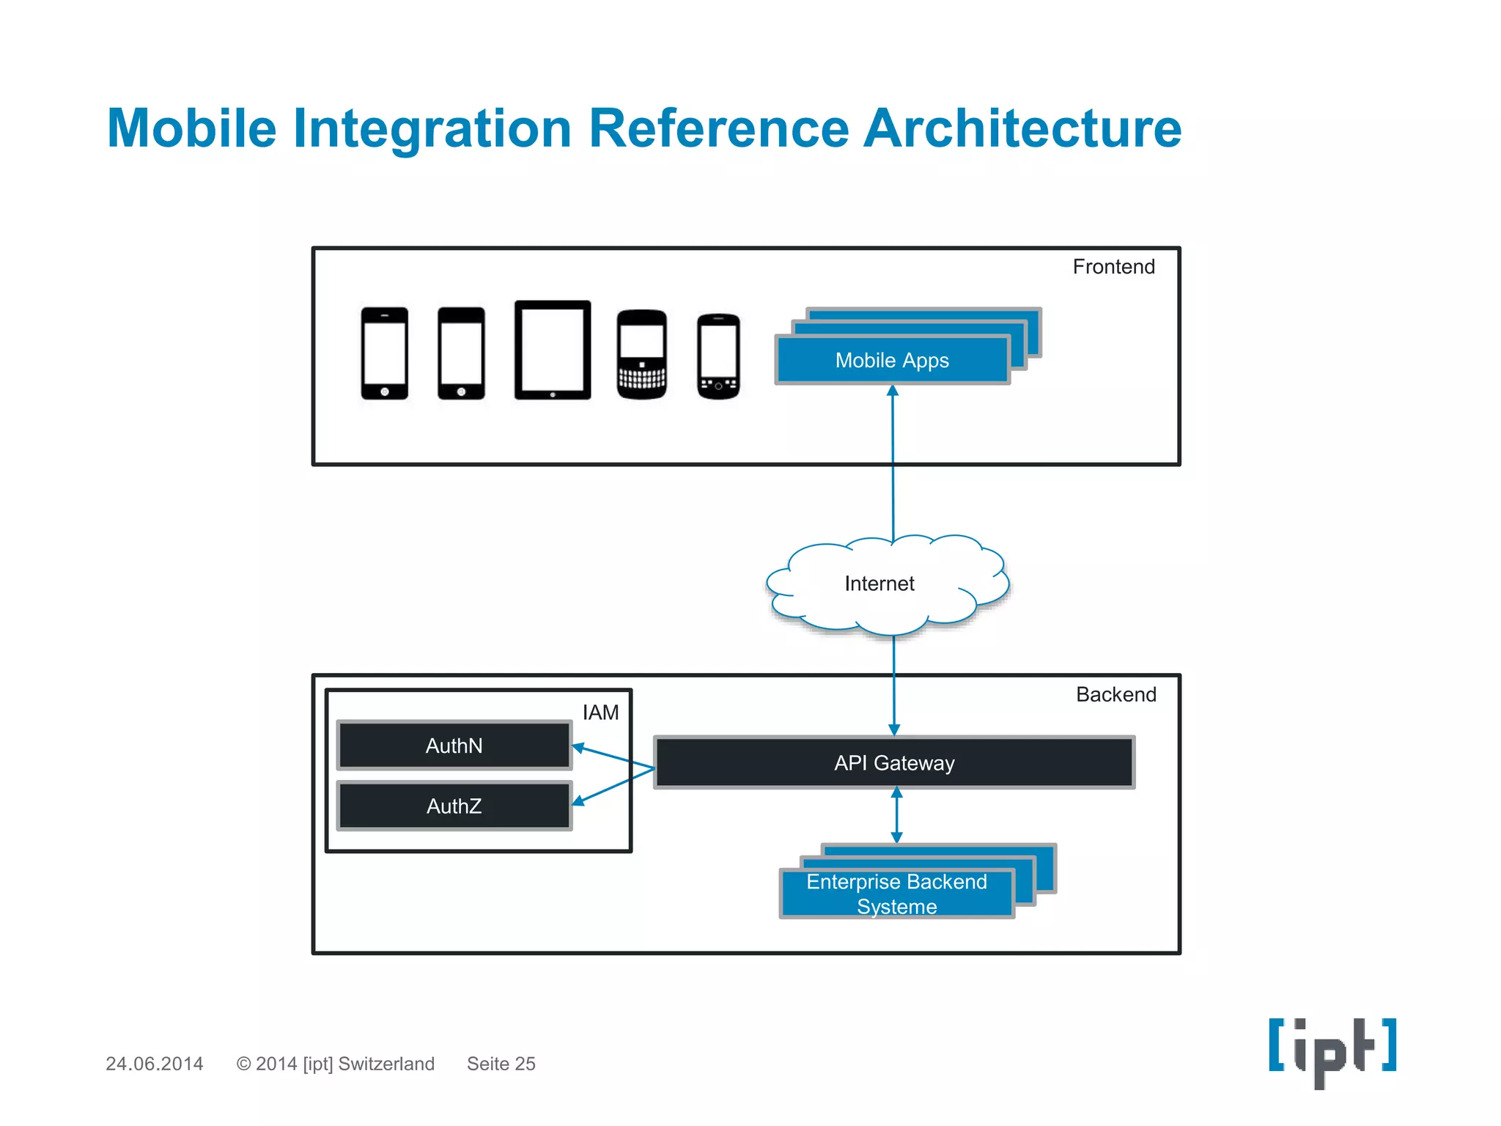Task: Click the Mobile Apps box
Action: [x=892, y=360]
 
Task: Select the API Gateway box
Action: [x=894, y=762]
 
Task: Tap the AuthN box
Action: [x=454, y=746]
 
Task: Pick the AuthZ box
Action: [x=454, y=806]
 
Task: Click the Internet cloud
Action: [x=879, y=584]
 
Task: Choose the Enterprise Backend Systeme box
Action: [x=896, y=894]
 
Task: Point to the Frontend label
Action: [x=1113, y=267]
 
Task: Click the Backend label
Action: [x=1115, y=694]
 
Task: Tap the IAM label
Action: [x=600, y=713]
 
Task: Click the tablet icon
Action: [x=553, y=350]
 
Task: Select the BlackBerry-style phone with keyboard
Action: [x=642, y=355]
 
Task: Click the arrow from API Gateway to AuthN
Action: [x=613, y=757]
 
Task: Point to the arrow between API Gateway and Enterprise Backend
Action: [x=896, y=815]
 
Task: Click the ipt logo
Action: [x=1332, y=1050]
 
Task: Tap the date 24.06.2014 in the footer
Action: [x=155, y=1064]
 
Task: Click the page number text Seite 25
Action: [x=501, y=1064]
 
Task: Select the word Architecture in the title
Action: [x=1022, y=128]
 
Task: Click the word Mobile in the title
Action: [x=192, y=128]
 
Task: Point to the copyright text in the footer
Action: [x=336, y=1064]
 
